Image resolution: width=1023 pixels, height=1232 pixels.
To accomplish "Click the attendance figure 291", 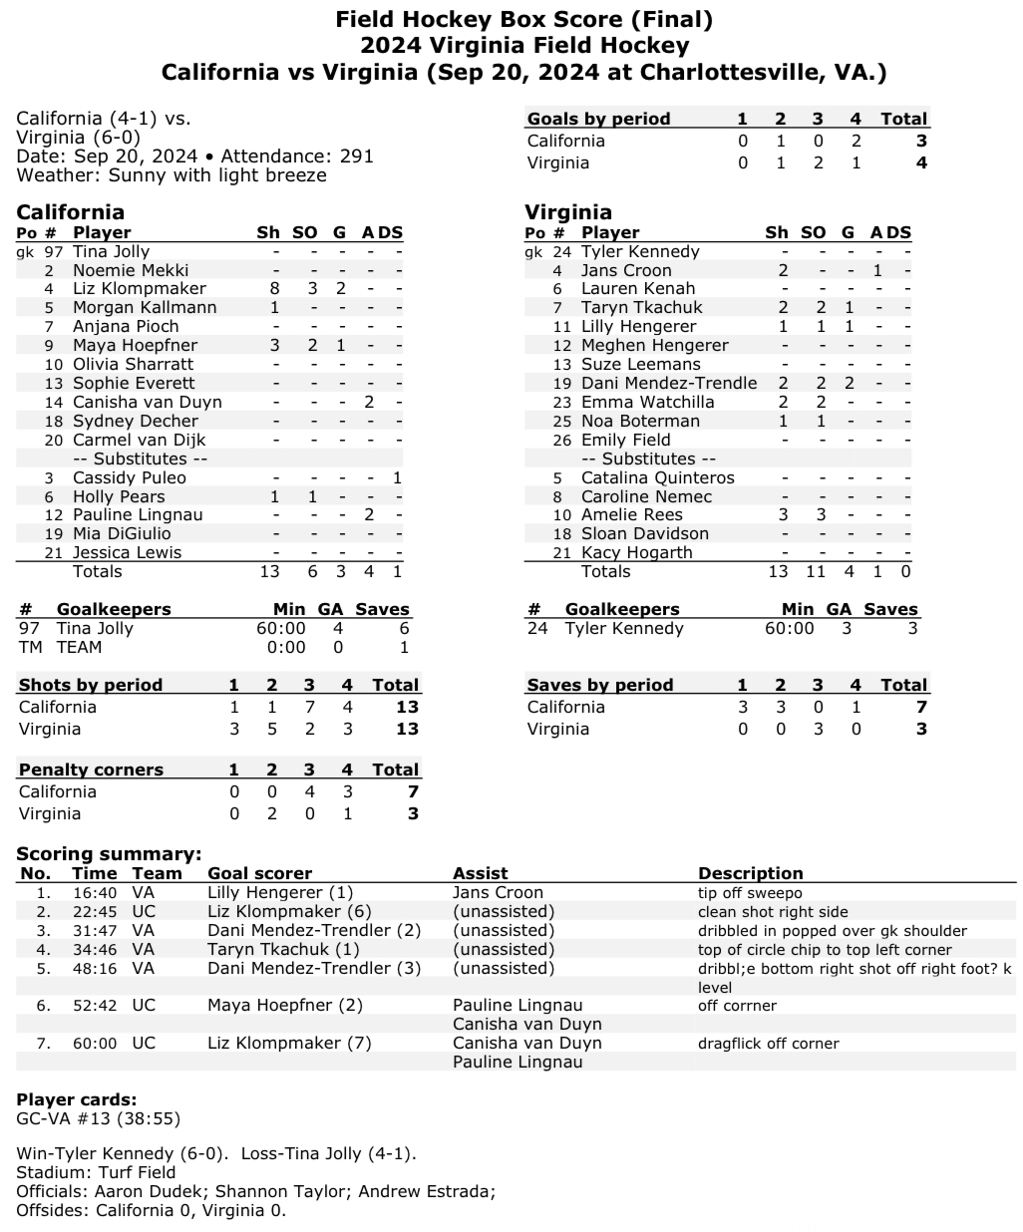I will click(x=354, y=156).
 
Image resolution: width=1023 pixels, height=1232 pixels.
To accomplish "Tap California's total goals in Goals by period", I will click(x=921, y=141).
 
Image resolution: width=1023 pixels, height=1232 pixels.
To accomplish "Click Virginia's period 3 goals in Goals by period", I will click(x=818, y=162).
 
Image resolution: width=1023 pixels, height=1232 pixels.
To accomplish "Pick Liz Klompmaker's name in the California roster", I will click(x=126, y=289).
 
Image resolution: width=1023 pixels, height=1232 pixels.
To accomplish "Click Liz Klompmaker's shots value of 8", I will click(x=275, y=289).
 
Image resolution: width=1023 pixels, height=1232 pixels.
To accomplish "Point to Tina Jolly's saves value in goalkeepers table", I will click(x=403, y=628).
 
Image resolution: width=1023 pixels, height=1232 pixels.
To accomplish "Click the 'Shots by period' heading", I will click(x=91, y=685).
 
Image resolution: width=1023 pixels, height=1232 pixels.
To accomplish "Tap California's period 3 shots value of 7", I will click(x=309, y=707).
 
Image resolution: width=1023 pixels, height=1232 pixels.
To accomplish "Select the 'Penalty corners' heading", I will click(x=91, y=770).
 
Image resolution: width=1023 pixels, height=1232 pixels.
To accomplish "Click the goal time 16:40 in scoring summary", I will click(x=95, y=893).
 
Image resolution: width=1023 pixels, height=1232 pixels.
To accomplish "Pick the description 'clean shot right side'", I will click(x=773, y=912).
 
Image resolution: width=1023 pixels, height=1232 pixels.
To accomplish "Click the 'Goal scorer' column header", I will click(x=259, y=873).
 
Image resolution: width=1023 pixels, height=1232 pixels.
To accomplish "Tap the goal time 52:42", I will click(x=95, y=1006).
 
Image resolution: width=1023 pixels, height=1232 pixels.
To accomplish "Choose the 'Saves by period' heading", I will click(x=600, y=685).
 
